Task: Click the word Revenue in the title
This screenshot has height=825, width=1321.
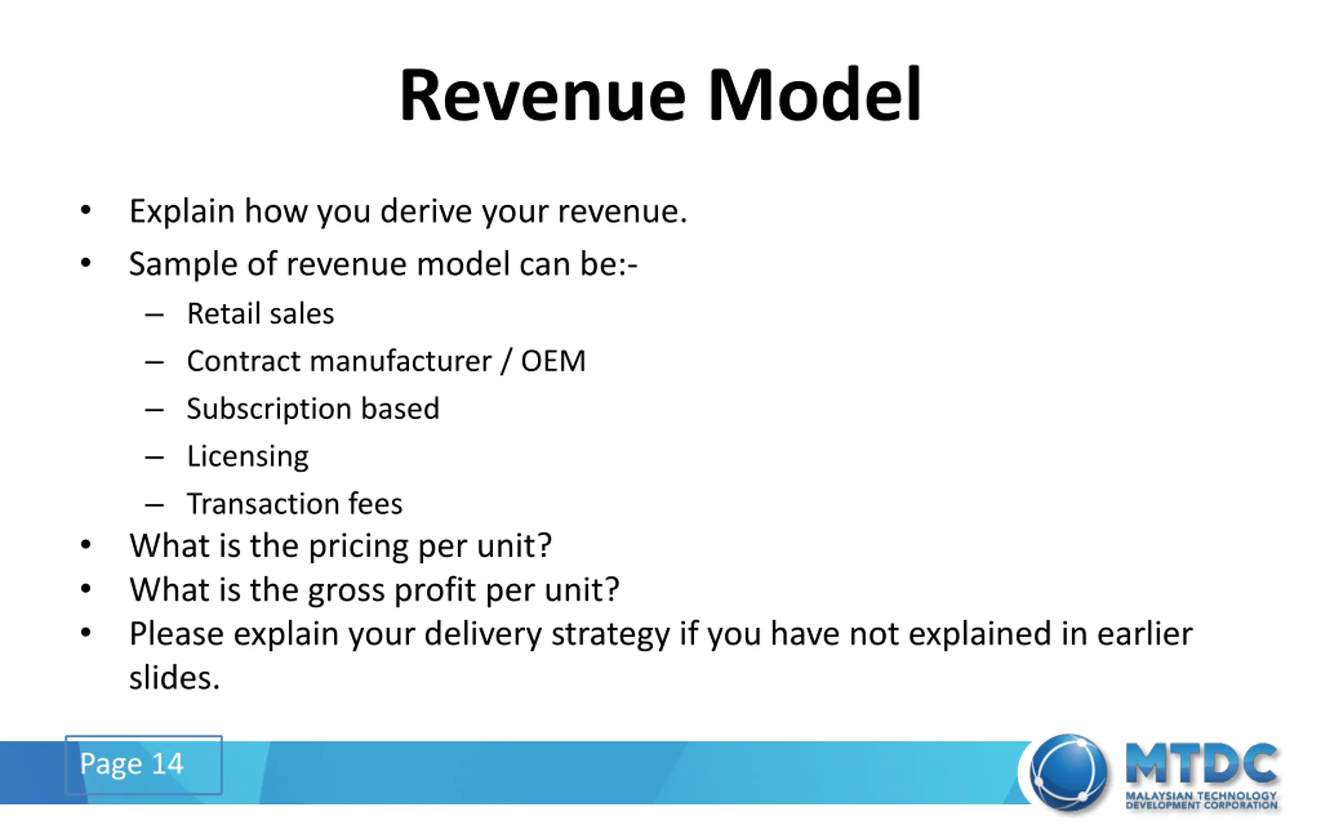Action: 543,95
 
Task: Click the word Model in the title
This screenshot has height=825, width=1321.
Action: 814,94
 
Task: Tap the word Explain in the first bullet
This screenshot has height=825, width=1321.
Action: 182,212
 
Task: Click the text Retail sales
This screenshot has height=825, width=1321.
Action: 261,313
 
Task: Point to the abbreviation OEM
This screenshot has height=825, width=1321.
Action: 553,361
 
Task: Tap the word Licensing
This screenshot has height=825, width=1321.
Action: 248,457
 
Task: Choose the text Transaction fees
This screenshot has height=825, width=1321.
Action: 295,504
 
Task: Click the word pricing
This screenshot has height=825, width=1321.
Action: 358,547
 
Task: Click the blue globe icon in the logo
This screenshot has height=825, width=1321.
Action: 1068,772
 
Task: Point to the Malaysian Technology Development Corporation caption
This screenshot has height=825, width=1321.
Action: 1201,800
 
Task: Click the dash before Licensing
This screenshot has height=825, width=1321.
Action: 154,457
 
